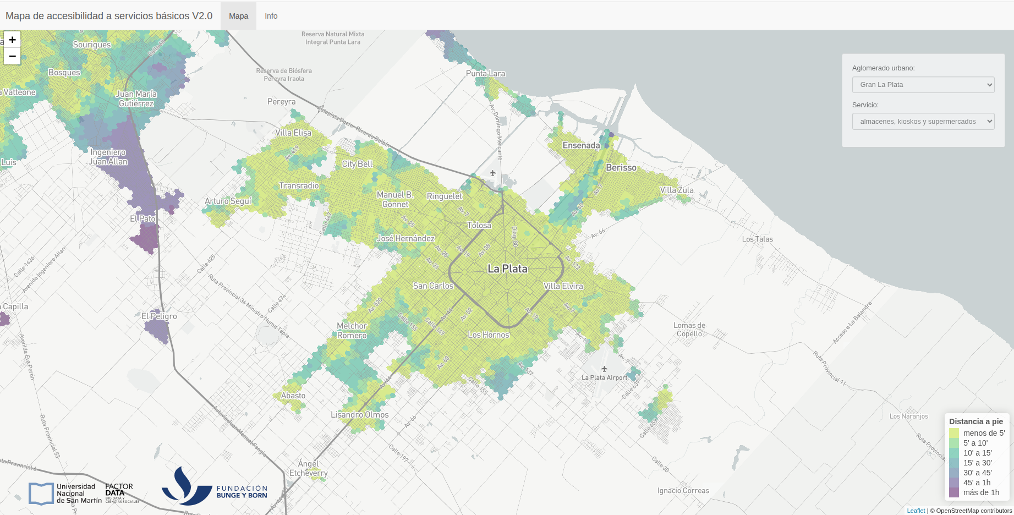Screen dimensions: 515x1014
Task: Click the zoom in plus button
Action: click(12, 40)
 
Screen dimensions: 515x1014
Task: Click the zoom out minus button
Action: click(12, 56)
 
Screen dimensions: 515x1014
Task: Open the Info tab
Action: click(271, 16)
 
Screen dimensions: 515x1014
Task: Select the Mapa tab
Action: click(238, 16)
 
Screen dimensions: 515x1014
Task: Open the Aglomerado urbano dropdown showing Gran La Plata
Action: click(923, 85)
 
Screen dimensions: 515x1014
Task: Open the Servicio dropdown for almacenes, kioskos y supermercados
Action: click(923, 122)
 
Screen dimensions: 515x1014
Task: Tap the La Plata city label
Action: click(507, 269)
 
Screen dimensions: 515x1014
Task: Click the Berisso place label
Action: click(621, 168)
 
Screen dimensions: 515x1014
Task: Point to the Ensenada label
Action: click(581, 145)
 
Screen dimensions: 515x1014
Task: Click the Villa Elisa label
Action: click(293, 133)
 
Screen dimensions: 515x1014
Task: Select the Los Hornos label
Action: click(488, 335)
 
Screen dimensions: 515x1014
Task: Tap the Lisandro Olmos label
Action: click(359, 415)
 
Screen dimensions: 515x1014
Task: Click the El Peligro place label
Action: click(159, 316)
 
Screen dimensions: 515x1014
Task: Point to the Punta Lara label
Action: click(485, 74)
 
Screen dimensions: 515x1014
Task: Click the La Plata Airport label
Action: click(604, 377)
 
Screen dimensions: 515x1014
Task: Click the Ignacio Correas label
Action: click(683, 491)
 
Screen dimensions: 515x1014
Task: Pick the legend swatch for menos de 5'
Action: click(954, 433)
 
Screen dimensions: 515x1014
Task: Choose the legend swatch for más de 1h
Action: click(954, 492)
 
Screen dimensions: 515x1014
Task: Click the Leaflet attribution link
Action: click(916, 511)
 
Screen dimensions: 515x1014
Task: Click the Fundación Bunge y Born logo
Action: click(215, 487)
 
